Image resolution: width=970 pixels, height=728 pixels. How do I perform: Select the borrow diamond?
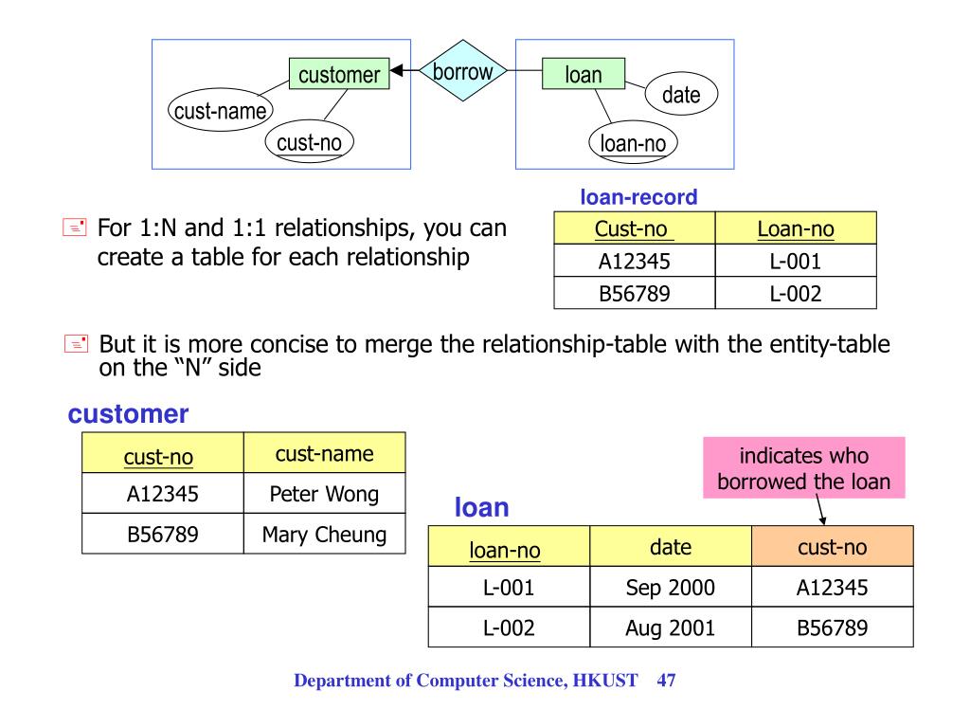click(462, 71)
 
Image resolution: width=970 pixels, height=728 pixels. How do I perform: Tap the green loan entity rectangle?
click(584, 74)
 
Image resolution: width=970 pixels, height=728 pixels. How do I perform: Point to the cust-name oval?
click(220, 111)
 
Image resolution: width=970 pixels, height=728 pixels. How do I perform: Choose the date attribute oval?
click(681, 94)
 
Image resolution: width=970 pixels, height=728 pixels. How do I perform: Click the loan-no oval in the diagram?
click(633, 143)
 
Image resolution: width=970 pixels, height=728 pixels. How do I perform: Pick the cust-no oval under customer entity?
click(309, 142)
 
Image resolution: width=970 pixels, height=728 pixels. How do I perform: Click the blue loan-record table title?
click(638, 198)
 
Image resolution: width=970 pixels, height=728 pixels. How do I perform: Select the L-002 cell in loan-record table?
click(795, 294)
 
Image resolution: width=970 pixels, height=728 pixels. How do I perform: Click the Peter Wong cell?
click(324, 493)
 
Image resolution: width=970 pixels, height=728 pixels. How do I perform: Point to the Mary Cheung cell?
click(324, 534)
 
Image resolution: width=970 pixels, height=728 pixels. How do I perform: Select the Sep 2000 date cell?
click(671, 588)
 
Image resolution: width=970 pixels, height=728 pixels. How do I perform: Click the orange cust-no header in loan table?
click(833, 547)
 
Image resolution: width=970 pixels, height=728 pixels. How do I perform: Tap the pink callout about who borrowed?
click(803, 467)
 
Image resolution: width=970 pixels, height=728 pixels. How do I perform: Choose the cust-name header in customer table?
click(324, 453)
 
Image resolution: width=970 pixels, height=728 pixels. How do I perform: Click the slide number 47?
click(665, 681)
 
